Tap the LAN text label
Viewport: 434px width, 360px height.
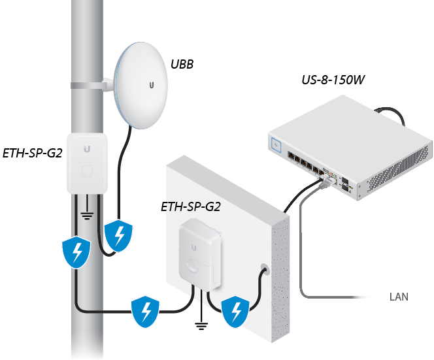pos(398,297)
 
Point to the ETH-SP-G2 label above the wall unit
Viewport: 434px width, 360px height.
pos(190,207)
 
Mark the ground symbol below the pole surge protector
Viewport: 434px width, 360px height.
pos(86,214)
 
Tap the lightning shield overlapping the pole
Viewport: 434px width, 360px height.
pos(76,251)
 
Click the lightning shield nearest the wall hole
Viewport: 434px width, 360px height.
pos(235,311)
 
